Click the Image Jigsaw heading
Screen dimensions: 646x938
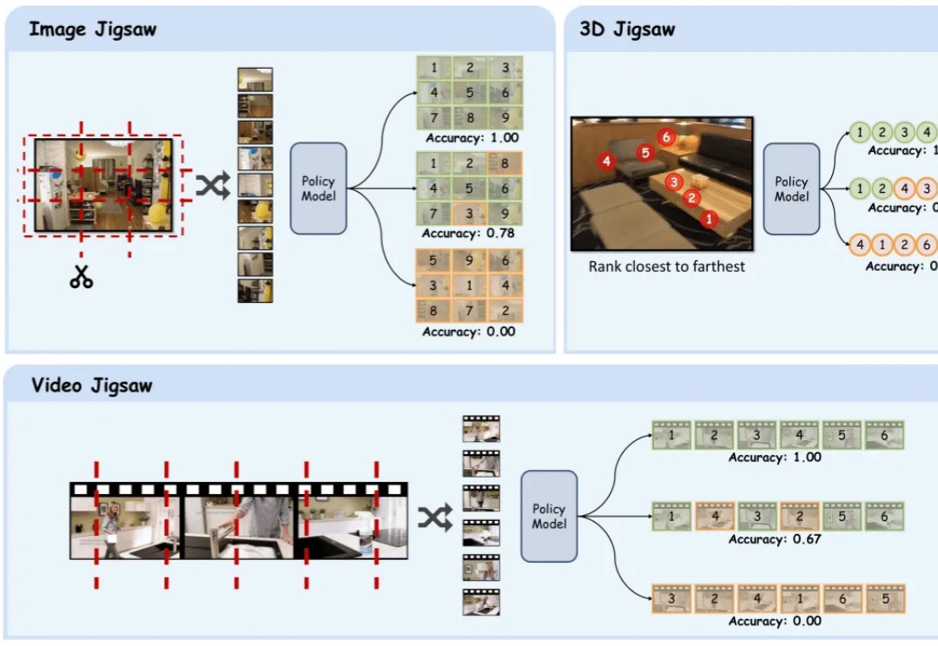(92, 30)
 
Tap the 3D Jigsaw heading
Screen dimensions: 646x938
(627, 30)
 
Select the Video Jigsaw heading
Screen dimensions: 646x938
(92, 386)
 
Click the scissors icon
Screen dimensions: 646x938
(82, 277)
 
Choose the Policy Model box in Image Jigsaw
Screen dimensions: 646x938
(318, 188)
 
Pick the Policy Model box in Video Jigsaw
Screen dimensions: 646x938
(549, 516)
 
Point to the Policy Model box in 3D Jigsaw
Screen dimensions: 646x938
(791, 188)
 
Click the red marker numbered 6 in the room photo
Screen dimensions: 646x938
(666, 137)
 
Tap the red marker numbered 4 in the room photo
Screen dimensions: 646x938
(606, 161)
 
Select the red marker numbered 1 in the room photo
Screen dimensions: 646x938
(709, 220)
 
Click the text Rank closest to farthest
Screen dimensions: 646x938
(667, 267)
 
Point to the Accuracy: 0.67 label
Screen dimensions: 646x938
(775, 539)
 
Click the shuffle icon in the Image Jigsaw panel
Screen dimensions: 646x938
(212, 185)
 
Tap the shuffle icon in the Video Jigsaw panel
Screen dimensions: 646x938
(435, 518)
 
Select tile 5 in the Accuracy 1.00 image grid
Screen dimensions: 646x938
(470, 92)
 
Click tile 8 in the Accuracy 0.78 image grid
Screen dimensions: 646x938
(505, 162)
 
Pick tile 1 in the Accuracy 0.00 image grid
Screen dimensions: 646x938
(470, 286)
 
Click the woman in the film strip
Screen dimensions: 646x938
(111, 528)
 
